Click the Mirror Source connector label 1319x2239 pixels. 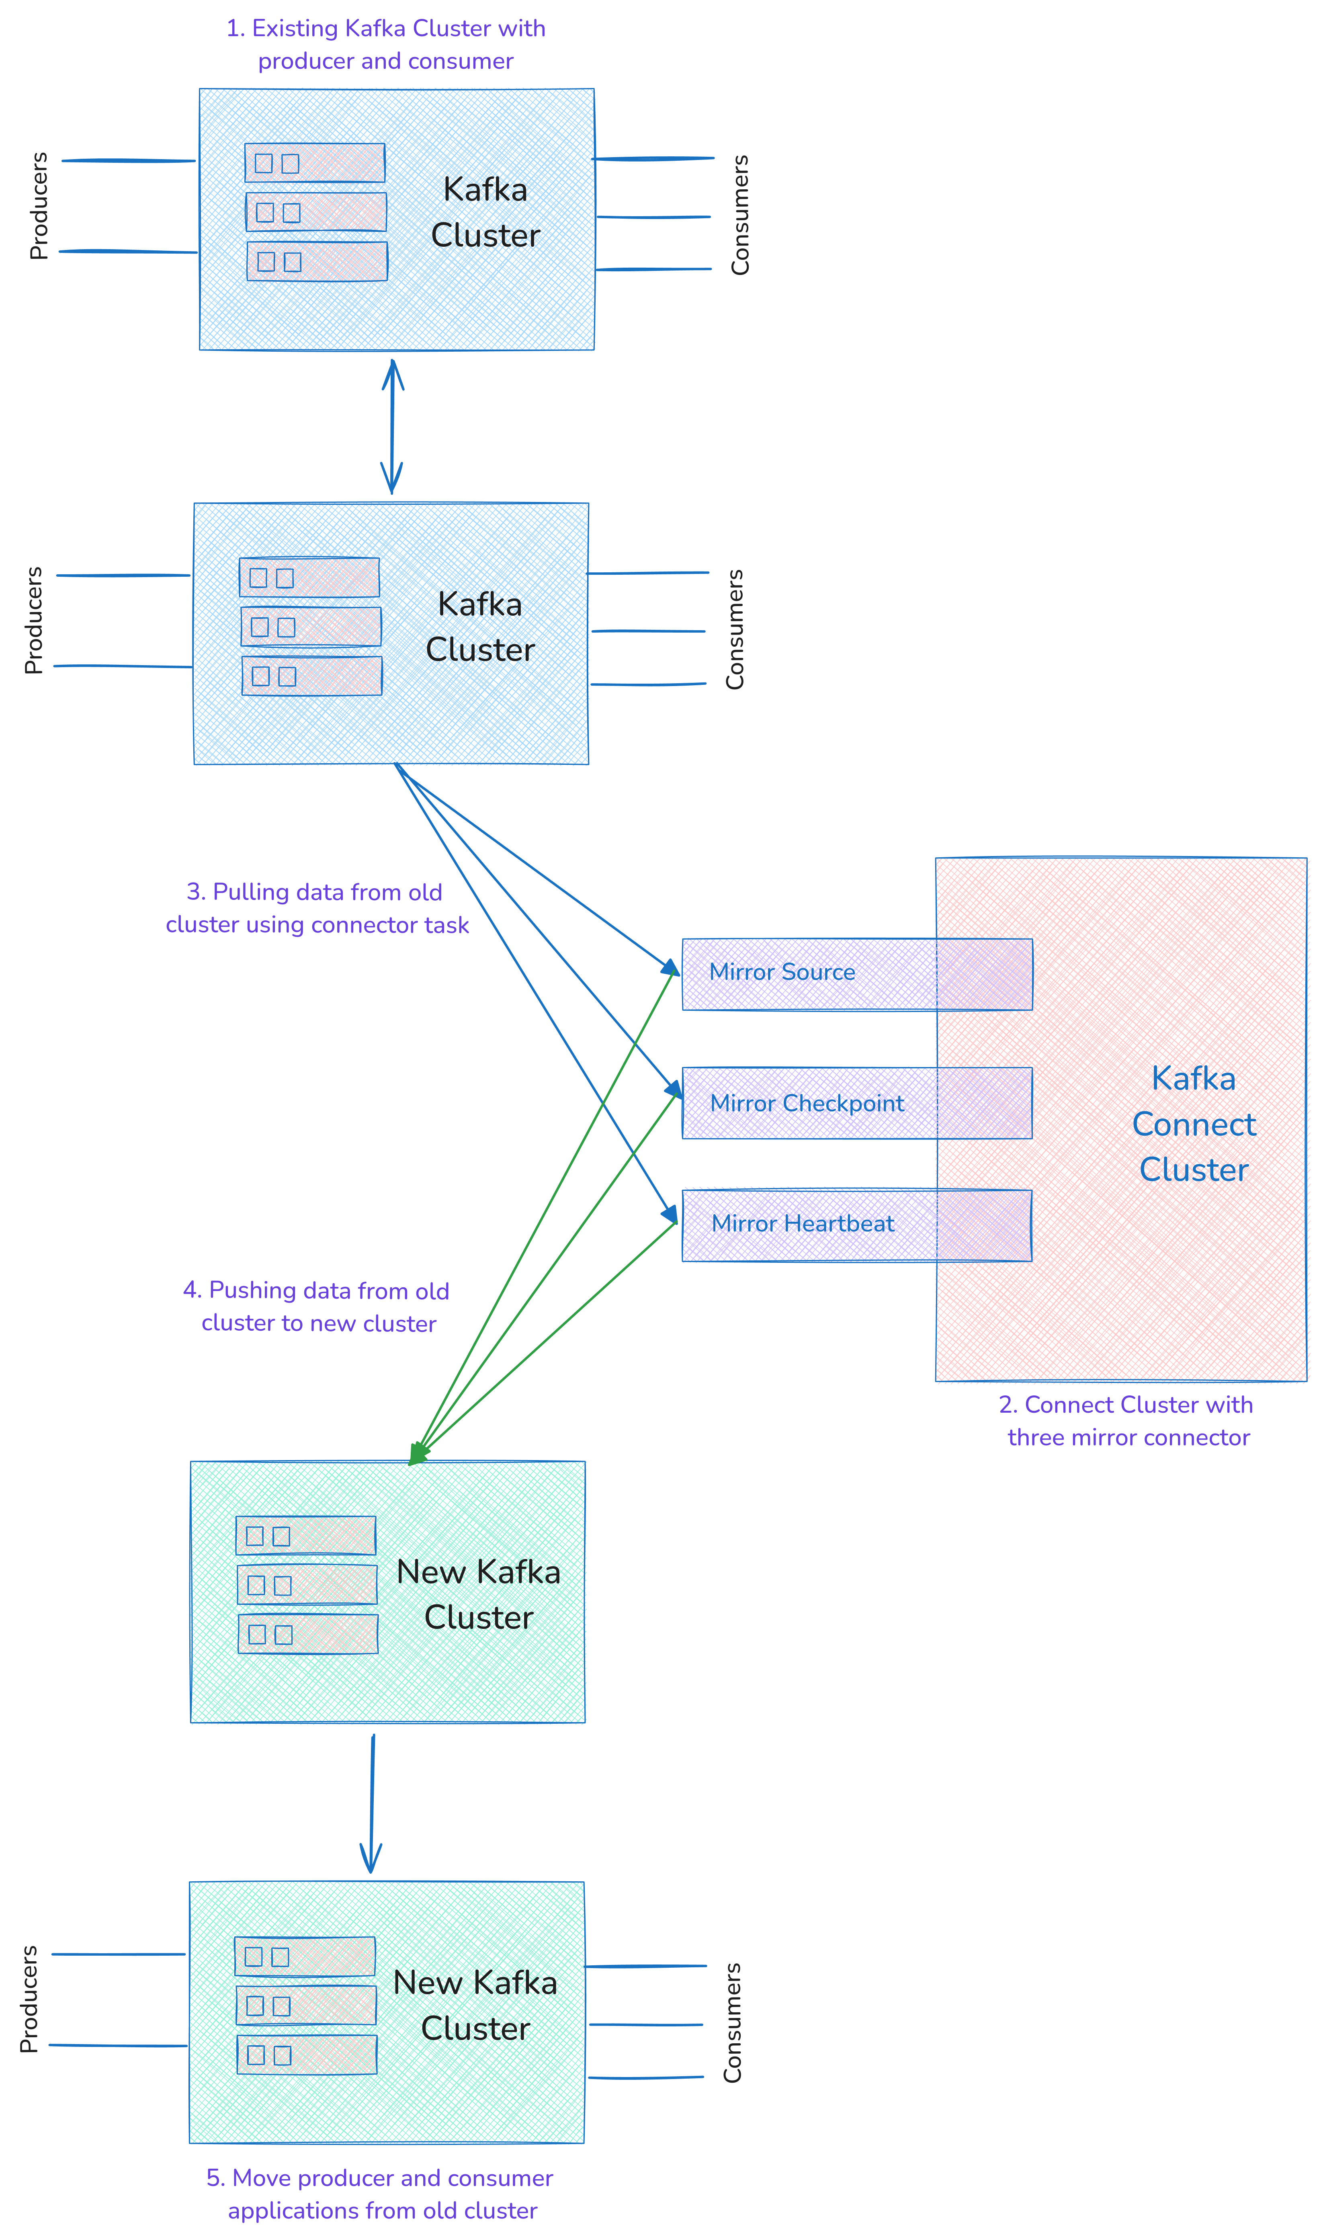(782, 971)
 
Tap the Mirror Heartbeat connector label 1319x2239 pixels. (803, 1224)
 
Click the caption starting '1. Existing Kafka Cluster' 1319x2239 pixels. (386, 45)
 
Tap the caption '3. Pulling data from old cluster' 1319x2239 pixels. (316, 908)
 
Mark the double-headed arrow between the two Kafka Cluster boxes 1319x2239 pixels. (392, 427)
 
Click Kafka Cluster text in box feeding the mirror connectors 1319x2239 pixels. (480, 627)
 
